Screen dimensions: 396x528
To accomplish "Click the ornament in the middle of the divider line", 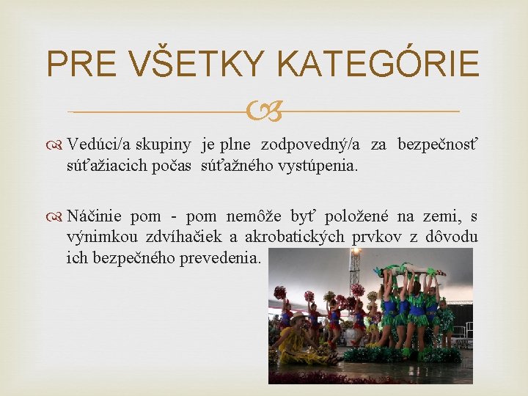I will point(263,112).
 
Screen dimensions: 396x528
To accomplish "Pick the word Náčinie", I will point(96,216).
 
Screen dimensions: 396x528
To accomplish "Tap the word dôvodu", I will point(448,237).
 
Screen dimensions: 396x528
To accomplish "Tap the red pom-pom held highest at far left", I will point(279,293).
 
